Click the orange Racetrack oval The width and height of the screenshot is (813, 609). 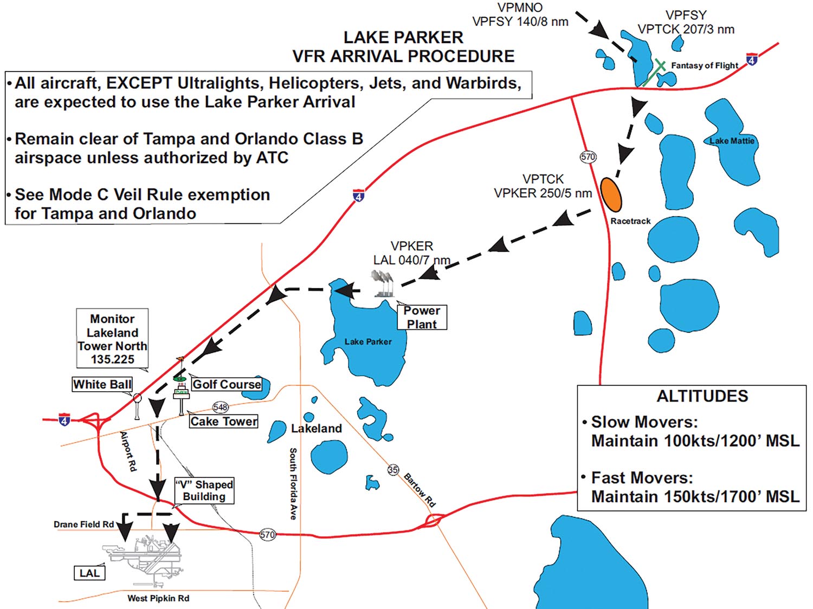point(611,195)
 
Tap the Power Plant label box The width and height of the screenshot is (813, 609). point(422,318)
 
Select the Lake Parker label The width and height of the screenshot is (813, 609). point(368,342)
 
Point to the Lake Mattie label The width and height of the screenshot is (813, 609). point(732,141)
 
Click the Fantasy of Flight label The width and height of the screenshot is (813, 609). point(705,66)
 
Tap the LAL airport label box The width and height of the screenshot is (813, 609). point(89,573)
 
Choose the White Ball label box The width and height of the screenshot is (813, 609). point(102,384)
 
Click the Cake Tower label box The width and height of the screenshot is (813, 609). point(224,422)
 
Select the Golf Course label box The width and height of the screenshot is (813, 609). point(227,384)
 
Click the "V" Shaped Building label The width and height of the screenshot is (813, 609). point(204,490)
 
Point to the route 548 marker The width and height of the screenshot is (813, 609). point(221,407)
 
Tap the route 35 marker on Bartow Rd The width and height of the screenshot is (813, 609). point(393,470)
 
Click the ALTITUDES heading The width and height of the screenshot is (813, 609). point(702,396)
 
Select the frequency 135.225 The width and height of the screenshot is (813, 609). point(113,359)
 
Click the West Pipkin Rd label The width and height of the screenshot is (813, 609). point(158,598)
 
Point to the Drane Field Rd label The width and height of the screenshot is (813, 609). point(83,524)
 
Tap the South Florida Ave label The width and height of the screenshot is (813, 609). point(293,484)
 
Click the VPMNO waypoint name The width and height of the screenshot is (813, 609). point(520,8)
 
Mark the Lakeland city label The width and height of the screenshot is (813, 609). point(317,429)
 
